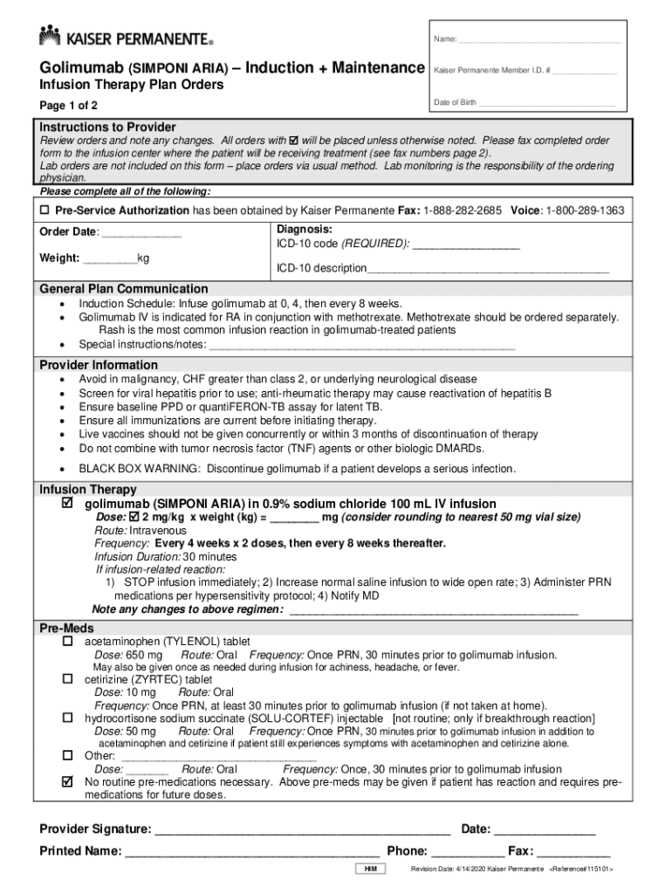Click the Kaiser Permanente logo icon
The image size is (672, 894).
pos(50,36)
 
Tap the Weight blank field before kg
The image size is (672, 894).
pos(110,258)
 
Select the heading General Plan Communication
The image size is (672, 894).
pos(124,289)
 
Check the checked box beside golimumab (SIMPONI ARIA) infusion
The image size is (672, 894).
pos(67,504)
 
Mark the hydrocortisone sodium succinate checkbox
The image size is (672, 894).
pos(67,718)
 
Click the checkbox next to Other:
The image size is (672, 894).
pos(67,755)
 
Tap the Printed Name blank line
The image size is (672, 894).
pos(252,852)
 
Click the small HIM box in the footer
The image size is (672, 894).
pos(371,870)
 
